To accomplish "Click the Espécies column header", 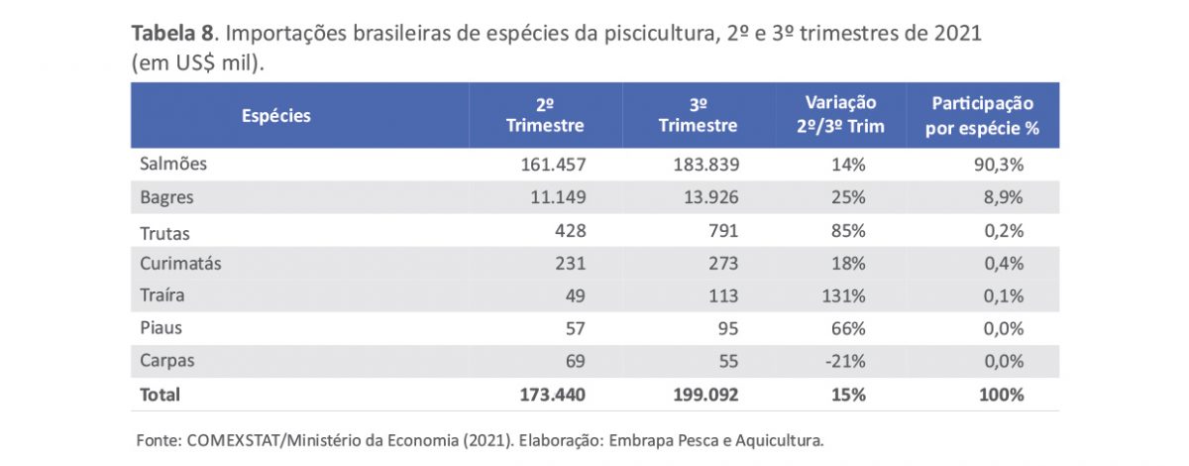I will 276,116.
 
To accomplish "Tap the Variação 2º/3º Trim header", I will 840,116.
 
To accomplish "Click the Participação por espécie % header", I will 982,116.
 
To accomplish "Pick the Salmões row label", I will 173,165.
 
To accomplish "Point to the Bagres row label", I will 166,197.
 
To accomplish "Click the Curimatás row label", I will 180,264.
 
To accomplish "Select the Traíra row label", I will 163,295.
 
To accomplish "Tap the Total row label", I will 161,395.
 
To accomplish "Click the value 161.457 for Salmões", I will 548,165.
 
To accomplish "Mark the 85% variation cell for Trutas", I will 849,231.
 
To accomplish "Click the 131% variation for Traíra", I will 845,295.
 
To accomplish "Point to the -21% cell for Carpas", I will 847,361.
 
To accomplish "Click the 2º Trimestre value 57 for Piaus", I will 574,328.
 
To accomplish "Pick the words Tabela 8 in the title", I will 175,33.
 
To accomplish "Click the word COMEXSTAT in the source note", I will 231,439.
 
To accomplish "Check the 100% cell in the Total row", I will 1001,395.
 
